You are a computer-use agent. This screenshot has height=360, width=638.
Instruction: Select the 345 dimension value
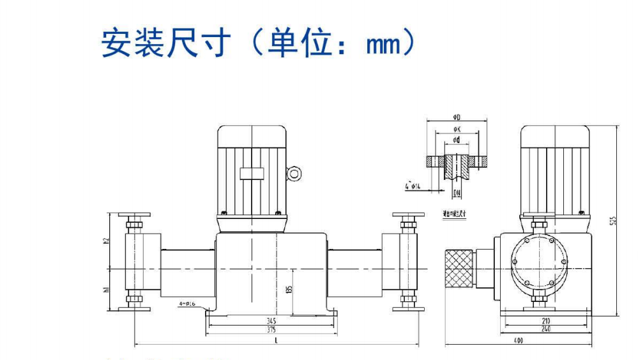(272, 320)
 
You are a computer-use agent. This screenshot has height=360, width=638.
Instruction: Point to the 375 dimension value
(272, 329)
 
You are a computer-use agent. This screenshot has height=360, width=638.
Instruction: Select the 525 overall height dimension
(614, 221)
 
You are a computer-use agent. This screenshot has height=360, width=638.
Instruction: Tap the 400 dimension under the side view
(518, 341)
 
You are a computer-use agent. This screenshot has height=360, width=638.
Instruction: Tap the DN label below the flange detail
(457, 192)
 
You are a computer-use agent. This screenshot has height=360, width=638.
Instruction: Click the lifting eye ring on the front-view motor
(293, 173)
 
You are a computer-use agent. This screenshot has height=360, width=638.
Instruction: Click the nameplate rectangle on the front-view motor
(250, 173)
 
